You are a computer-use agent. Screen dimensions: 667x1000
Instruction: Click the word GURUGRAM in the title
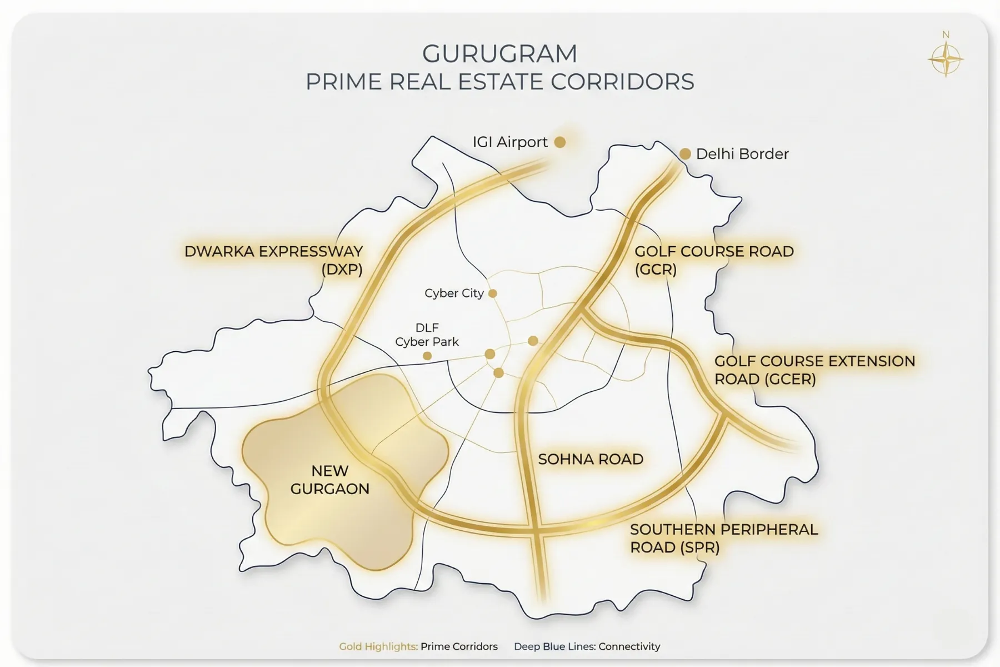499,54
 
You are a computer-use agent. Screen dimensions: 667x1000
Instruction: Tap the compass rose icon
946,58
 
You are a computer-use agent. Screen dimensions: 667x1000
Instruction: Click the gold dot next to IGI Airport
560,142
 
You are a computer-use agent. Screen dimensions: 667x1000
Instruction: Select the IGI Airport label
510,142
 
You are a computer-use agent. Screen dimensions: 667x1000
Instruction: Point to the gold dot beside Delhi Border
685,154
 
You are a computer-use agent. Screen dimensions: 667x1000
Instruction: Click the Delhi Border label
742,154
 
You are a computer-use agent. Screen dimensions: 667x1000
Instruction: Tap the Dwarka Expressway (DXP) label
273,260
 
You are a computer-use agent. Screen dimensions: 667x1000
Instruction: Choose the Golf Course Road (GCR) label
714,260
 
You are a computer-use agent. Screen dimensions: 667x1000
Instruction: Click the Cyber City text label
454,293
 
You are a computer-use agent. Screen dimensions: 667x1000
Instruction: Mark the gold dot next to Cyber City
492,293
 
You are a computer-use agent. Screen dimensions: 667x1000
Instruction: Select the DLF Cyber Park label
427,335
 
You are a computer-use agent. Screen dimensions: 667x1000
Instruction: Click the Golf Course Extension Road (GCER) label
814,370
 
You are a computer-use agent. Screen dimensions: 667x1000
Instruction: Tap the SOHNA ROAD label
591,459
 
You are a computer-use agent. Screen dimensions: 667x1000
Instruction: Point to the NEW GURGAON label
329,480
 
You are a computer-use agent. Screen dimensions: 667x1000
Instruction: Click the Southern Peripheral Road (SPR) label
723,538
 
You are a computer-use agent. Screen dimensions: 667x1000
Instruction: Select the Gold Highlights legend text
378,646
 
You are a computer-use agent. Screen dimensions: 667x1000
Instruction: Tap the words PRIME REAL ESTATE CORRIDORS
499,82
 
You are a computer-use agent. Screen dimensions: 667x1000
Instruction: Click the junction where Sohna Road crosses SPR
536,526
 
